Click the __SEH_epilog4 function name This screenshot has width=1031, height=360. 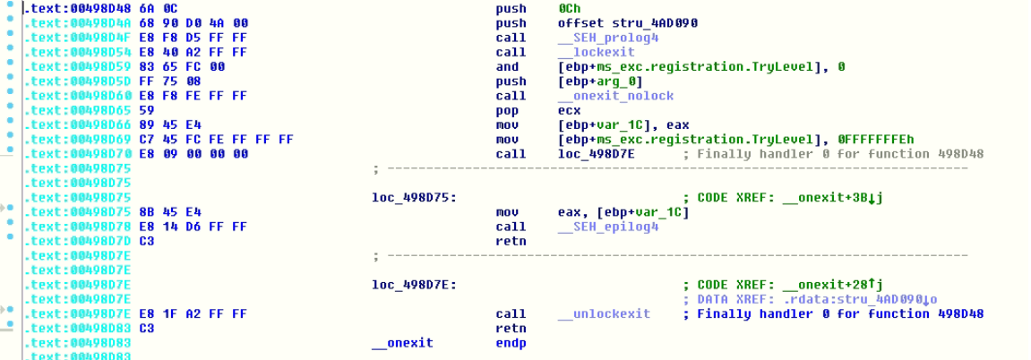pos(597,227)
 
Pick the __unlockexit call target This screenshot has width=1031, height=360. pos(603,314)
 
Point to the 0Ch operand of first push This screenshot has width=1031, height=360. pos(566,9)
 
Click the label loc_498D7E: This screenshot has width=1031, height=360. pos(413,286)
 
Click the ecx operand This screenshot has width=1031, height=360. pos(568,110)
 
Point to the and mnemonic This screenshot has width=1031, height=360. pos(506,66)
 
